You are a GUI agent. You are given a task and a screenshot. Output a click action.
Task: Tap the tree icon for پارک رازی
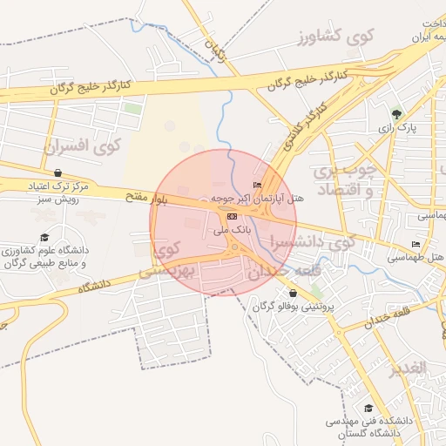(397, 113)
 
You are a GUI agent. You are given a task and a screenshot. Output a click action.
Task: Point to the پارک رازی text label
(397, 128)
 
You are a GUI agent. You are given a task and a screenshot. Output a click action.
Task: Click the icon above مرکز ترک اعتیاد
(57, 172)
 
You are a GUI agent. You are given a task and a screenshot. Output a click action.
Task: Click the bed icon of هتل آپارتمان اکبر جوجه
(256, 185)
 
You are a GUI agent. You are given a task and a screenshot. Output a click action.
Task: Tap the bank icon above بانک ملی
(231, 216)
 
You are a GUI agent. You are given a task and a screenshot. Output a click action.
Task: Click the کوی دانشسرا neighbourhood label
(313, 241)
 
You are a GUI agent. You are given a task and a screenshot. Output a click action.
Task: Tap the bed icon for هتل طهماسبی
(416, 245)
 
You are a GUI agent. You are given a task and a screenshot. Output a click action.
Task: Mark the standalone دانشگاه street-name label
(97, 285)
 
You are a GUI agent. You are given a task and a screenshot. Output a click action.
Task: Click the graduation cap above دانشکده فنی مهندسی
(368, 407)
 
